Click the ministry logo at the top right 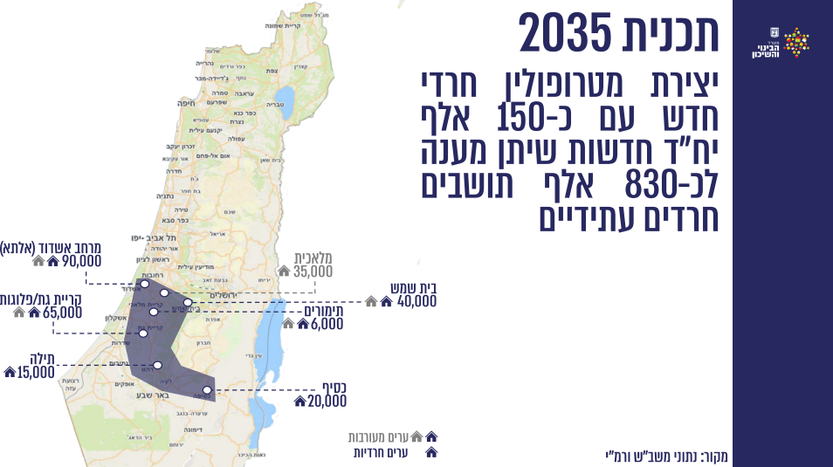781,44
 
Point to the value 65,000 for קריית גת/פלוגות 63,312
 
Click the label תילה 42,357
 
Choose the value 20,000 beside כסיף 327,401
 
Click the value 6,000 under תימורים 327,323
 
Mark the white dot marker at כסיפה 207,390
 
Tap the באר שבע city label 148,397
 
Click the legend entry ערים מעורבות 378,436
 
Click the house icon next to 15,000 10,372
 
